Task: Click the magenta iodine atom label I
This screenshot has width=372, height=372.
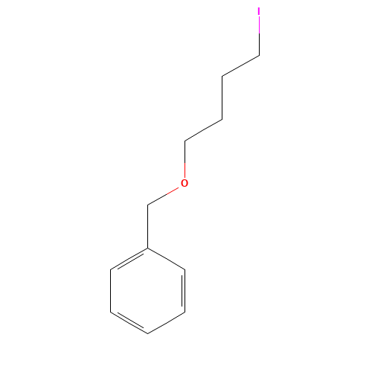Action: [259, 11]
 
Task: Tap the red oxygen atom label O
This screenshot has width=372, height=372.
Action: [185, 183]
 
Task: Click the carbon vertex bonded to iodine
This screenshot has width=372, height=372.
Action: [259, 55]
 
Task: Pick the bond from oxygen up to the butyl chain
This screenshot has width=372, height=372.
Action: [185, 159]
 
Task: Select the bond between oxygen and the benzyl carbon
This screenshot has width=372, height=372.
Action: [163, 196]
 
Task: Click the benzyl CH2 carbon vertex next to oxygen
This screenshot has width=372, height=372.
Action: [148, 205]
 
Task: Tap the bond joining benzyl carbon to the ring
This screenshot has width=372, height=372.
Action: [148, 226]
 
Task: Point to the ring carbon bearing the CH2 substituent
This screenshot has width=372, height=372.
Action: [148, 248]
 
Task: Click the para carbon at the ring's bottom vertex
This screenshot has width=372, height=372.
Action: [148, 333]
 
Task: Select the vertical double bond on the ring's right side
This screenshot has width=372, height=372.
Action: [184, 291]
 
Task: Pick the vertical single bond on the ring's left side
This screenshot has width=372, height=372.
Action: [111, 291]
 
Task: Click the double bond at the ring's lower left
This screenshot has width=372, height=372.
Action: [129, 322]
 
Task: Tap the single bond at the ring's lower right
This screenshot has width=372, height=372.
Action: [167, 323]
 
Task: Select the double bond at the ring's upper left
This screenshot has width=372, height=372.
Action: [129, 259]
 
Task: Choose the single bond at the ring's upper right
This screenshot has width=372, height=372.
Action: [167, 259]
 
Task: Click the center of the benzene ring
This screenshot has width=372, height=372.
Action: [148, 291]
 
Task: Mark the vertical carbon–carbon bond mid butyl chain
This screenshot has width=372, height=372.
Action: [222, 98]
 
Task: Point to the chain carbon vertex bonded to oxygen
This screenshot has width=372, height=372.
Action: [185, 141]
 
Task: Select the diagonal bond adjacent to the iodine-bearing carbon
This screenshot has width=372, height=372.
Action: [240, 65]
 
